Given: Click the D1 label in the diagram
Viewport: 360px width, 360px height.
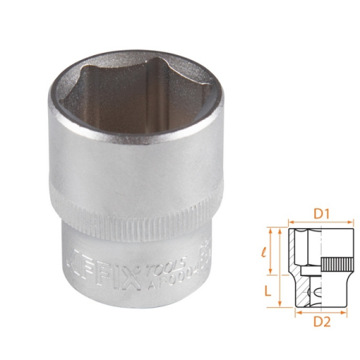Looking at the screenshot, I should coord(319,214).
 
